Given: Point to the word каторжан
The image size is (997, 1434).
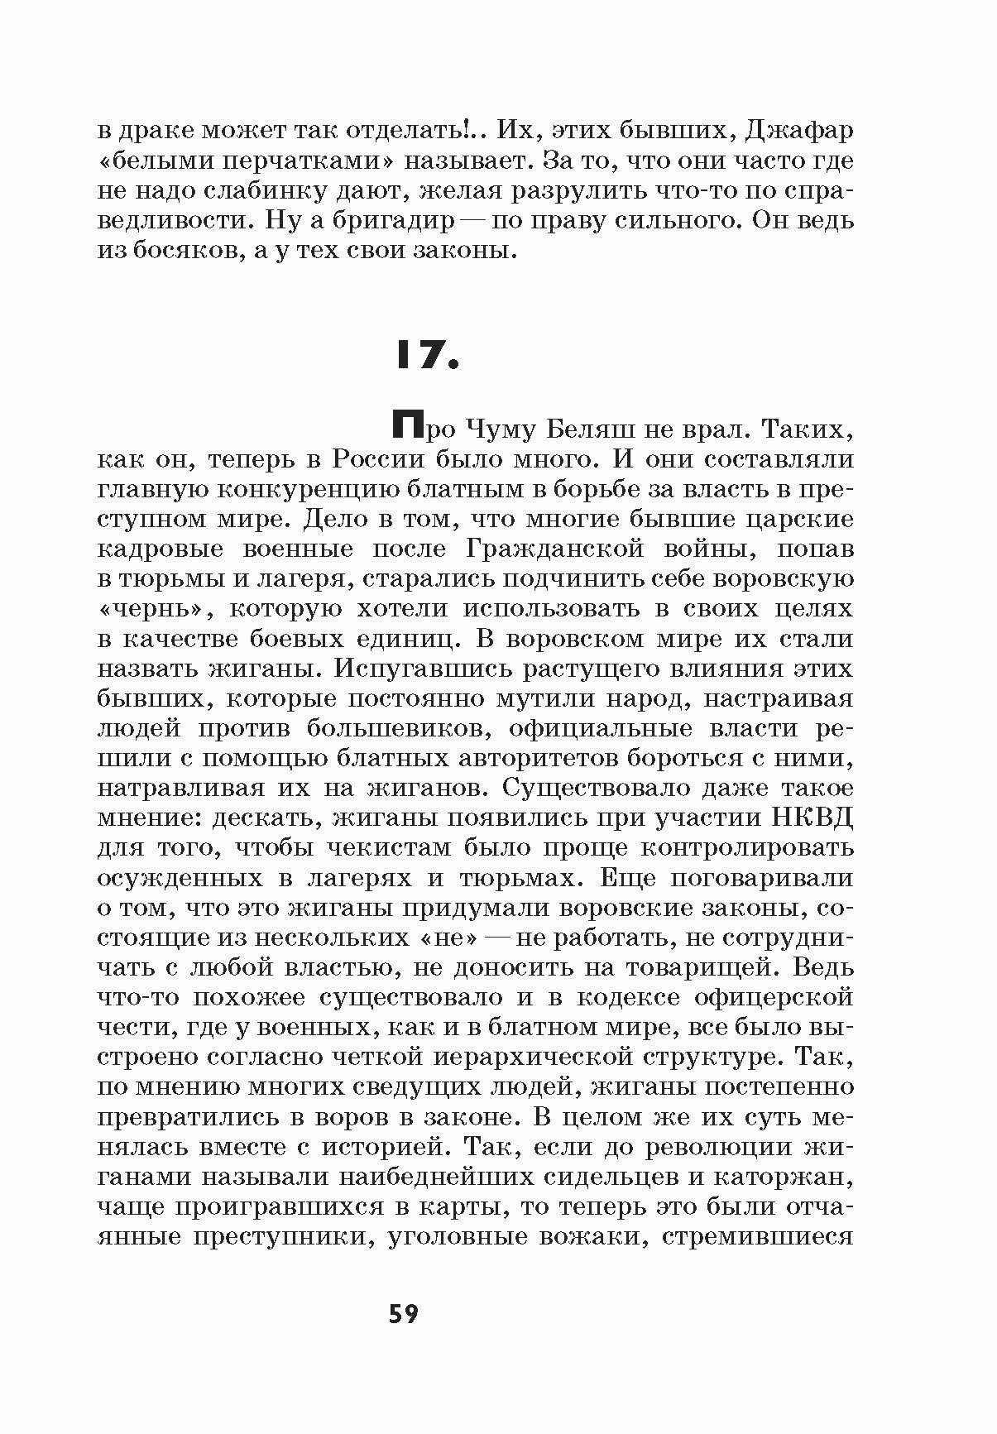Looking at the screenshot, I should (781, 1176).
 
